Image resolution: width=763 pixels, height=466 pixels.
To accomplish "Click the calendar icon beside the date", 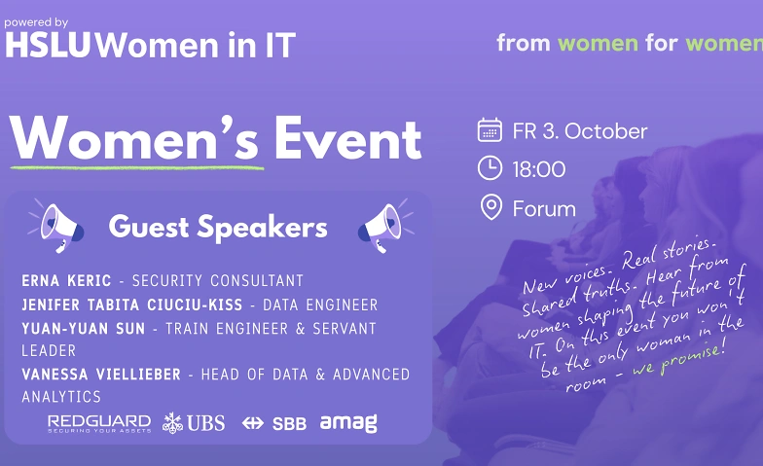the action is [x=490, y=130].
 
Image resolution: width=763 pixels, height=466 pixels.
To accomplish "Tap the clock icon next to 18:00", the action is [x=490, y=168].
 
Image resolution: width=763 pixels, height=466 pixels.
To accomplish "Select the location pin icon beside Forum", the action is [x=490, y=207].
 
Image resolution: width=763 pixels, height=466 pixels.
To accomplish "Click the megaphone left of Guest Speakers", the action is [x=55, y=227].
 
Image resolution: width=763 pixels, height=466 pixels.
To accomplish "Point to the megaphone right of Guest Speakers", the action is [x=386, y=226].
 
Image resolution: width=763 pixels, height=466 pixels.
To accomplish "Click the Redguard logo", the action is [x=99, y=423].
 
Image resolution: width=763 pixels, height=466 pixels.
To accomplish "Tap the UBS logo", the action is [x=194, y=422].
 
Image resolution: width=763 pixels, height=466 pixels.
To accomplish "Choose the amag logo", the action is [x=348, y=423].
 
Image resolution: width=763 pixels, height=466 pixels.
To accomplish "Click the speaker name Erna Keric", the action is [x=66, y=280].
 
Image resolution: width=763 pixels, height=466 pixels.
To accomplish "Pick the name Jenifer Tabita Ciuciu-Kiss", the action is [x=132, y=305].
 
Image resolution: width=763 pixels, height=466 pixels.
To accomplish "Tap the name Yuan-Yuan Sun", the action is [x=84, y=329].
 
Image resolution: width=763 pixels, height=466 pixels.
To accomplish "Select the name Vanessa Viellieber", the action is [x=101, y=375].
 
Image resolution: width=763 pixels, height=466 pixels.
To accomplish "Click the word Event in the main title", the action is [x=347, y=139].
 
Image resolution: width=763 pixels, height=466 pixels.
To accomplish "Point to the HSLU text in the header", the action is [x=48, y=45].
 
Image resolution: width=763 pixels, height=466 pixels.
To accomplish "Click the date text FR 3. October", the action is [x=580, y=131].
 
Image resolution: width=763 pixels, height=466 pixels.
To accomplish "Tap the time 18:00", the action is [x=539, y=169].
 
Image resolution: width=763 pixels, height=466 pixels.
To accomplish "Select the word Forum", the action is [x=545, y=208].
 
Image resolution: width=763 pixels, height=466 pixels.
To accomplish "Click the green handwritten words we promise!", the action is [x=679, y=358].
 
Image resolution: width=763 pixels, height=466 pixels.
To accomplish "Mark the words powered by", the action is [x=36, y=22].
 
